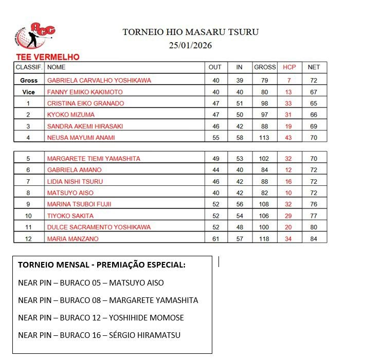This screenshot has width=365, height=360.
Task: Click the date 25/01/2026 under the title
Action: pyautogui.click(x=190, y=45)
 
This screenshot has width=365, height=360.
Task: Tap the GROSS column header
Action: pyautogui.click(x=265, y=67)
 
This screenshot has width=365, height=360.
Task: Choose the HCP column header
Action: pyautogui.click(x=289, y=67)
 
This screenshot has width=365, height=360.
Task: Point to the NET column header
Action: pyautogui.click(x=314, y=67)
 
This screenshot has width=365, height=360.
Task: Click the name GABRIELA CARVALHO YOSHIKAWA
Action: pyautogui.click(x=99, y=81)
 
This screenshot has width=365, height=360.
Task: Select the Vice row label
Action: pyautogui.click(x=29, y=92)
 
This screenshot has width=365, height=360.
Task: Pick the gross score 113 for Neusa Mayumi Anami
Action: pyautogui.click(x=265, y=137)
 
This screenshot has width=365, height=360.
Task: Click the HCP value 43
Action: pyautogui.click(x=289, y=137)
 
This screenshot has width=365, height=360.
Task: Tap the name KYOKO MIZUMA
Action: pyautogui.click(x=71, y=115)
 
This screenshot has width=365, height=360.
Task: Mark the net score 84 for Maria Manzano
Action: pyautogui.click(x=314, y=239)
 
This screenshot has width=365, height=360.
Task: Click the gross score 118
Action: pyautogui.click(x=265, y=239)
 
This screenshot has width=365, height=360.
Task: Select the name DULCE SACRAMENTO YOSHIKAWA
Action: pyautogui.click(x=99, y=227)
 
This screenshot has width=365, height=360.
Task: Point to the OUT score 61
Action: pyautogui.click(x=215, y=239)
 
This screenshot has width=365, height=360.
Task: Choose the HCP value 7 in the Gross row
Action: pyautogui.click(x=289, y=81)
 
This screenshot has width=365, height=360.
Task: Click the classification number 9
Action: pyautogui.click(x=29, y=204)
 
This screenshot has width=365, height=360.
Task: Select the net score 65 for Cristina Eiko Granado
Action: pyautogui.click(x=314, y=103)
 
